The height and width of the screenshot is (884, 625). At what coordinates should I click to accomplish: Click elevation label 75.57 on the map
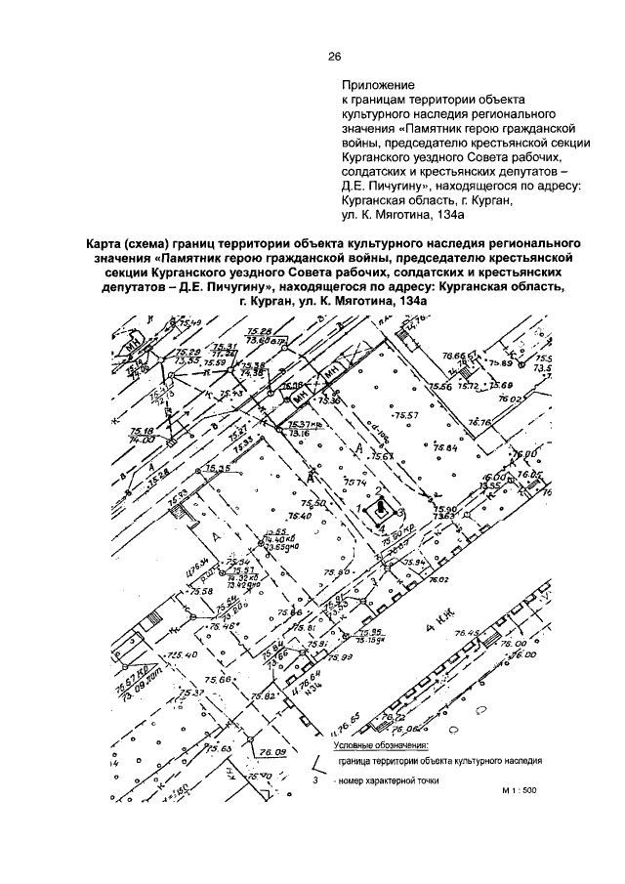click(405, 415)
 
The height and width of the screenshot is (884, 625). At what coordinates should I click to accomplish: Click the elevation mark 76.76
click(479, 423)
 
